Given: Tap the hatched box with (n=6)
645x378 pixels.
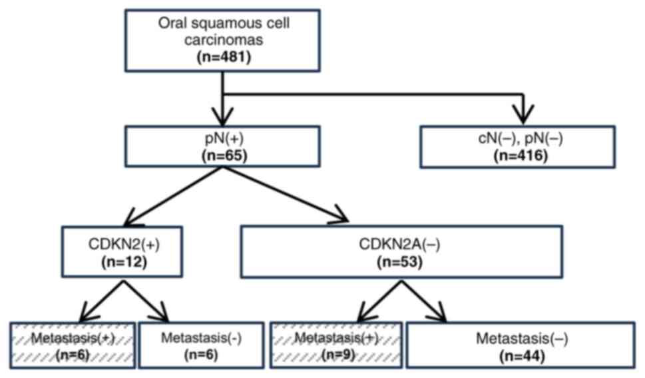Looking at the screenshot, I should point(73,344).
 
